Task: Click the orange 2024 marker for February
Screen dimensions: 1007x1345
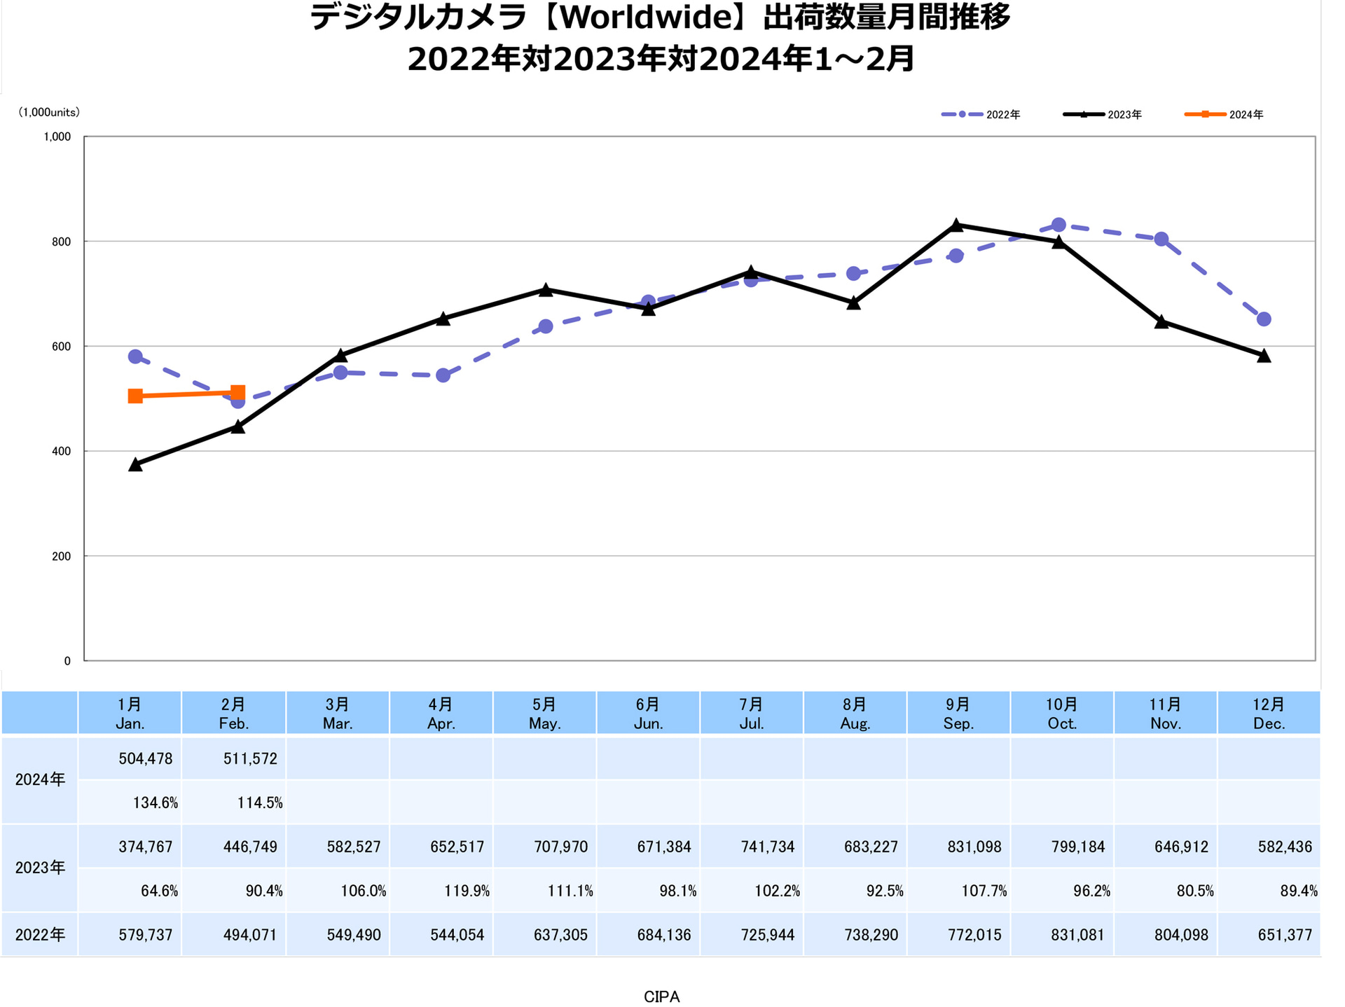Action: (x=237, y=393)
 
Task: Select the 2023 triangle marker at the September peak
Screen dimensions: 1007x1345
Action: (x=956, y=225)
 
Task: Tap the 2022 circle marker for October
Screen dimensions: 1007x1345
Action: (x=1058, y=225)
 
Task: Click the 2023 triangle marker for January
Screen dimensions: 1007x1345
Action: (x=135, y=464)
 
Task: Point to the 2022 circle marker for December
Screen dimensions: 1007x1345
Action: (x=1264, y=319)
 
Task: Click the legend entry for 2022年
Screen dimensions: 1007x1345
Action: (x=981, y=114)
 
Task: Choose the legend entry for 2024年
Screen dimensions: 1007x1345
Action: (x=1224, y=114)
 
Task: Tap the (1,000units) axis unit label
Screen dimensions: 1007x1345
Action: (x=48, y=112)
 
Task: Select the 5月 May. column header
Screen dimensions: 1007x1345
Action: (x=544, y=713)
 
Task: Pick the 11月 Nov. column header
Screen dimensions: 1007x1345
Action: (x=1165, y=713)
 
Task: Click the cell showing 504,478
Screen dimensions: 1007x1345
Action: (x=146, y=758)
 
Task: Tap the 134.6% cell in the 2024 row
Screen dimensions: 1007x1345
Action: (x=155, y=803)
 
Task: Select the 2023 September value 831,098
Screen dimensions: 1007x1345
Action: (x=974, y=847)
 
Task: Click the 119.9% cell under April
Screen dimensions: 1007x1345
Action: (x=466, y=891)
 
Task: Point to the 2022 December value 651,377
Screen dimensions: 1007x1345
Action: (x=1284, y=934)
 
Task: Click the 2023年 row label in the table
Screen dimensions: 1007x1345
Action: (x=40, y=868)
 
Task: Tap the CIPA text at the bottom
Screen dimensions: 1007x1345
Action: (x=661, y=996)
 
